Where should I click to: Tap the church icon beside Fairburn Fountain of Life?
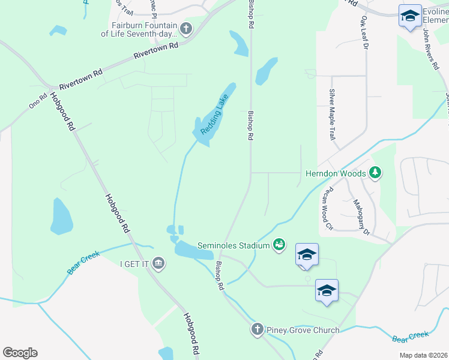[x=186, y=28]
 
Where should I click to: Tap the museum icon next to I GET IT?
[x=158, y=263]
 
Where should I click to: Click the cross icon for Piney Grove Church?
[x=257, y=329]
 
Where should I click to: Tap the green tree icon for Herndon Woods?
[x=375, y=173]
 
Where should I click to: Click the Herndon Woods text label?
[x=336, y=173]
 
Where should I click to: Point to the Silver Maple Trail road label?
[x=331, y=115]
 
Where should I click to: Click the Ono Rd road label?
[x=38, y=100]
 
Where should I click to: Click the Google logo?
[x=20, y=353]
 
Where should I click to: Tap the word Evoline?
[x=435, y=12]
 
